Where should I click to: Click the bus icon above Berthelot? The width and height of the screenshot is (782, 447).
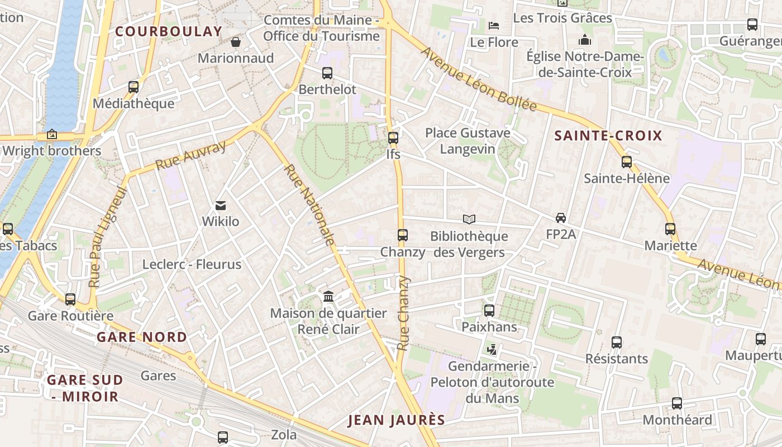point(327,73)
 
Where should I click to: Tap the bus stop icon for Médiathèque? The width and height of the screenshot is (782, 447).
point(133,87)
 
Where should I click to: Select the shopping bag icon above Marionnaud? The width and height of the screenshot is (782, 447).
point(236,42)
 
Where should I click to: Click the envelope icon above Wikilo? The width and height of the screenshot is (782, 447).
point(221,206)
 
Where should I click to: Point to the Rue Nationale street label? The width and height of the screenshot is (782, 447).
point(309,205)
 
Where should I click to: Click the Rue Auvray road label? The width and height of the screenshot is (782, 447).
point(190,155)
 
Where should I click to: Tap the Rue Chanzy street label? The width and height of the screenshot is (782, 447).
point(403,313)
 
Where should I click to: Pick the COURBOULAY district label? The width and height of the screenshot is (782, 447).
point(169,32)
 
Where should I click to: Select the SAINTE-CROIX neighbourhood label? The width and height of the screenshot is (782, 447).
point(608,136)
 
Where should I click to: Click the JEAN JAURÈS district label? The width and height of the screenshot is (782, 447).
point(397,420)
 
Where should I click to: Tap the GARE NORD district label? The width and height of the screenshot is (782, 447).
point(142,337)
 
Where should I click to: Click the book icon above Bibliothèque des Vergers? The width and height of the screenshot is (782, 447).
point(469,220)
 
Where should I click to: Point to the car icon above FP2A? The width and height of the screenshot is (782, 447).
point(561,218)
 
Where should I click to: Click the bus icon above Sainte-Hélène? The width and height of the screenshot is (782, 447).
point(627,162)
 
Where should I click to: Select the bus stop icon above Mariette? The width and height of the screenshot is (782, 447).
point(670,229)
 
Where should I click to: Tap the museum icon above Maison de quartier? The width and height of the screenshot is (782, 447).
point(328,297)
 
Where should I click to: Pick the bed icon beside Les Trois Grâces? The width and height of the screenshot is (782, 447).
point(494,25)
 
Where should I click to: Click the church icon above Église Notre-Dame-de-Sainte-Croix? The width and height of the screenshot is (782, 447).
point(585,40)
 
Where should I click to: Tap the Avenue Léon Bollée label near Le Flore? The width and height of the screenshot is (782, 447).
point(479,80)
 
